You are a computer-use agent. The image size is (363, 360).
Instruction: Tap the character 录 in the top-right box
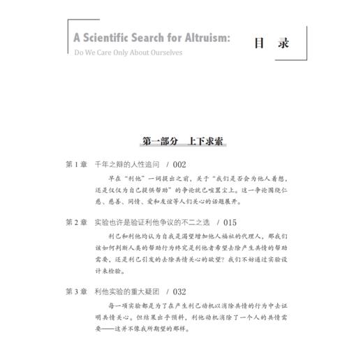[281, 41]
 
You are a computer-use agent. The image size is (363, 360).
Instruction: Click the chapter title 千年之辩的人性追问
[128, 165]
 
